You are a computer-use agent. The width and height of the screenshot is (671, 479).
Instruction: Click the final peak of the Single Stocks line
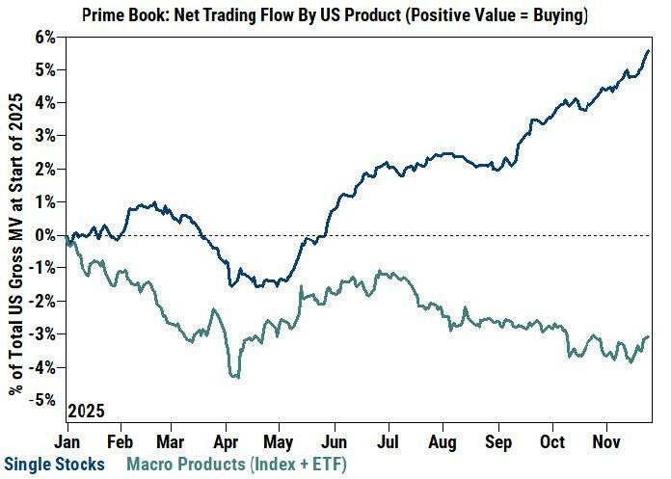tap(648, 50)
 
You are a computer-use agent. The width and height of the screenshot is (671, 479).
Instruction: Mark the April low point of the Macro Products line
tap(234, 376)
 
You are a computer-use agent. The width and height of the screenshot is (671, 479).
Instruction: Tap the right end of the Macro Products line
tap(648, 336)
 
